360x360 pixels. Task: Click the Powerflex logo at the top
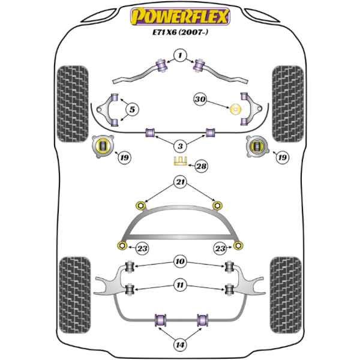[x=180, y=17]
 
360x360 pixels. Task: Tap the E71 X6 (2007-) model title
[x=180, y=32]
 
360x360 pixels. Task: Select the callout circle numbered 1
[x=180, y=55]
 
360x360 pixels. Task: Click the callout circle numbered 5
[x=132, y=110]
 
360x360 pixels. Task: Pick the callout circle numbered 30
[x=200, y=100]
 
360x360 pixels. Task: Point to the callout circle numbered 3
[x=180, y=146]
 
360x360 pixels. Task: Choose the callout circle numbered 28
[x=201, y=166]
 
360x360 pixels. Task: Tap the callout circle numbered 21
[x=180, y=182]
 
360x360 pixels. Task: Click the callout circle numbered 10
[x=180, y=261]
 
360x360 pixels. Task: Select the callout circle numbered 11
[x=180, y=285]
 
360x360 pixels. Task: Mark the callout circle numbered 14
[x=180, y=344]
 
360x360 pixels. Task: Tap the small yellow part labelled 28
[x=180, y=161]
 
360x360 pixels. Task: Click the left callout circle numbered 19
[x=124, y=158]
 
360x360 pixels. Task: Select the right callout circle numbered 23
[x=220, y=248]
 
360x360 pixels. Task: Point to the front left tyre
[x=73, y=104]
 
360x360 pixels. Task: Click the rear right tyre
[x=286, y=295]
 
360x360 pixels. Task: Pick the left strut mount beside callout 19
[x=103, y=146]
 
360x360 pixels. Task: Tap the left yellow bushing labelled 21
[x=141, y=205]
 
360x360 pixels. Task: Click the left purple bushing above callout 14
[x=160, y=319]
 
